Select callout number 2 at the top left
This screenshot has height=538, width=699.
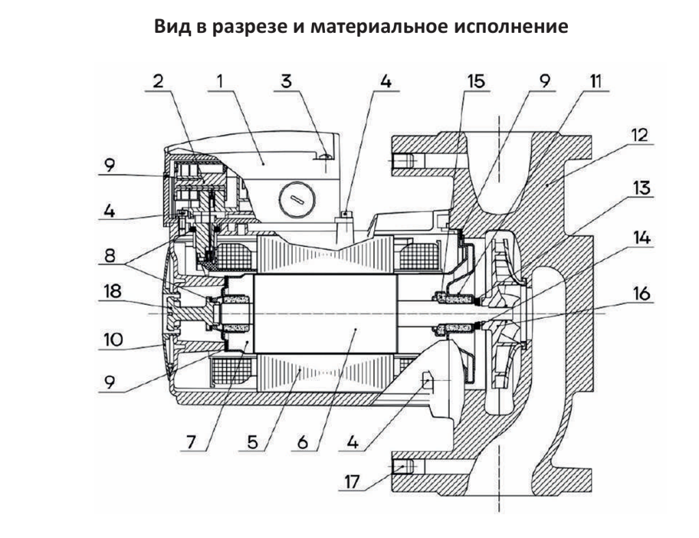tap(158, 81)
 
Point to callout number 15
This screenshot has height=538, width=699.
tap(476, 81)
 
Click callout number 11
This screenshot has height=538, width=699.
tap(595, 81)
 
